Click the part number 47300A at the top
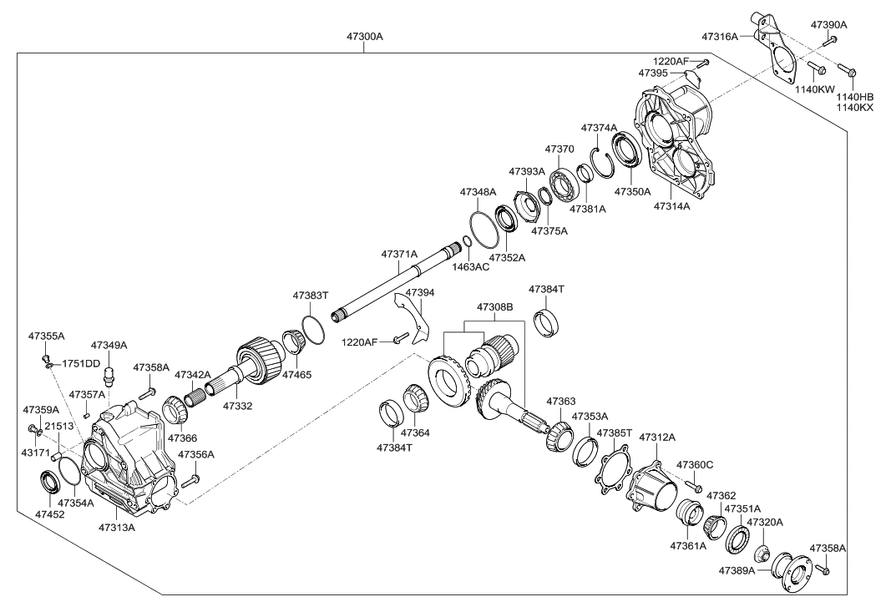[x=365, y=38]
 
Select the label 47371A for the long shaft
[x=399, y=253]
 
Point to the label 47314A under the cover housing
[x=671, y=205]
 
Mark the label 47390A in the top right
[x=828, y=25]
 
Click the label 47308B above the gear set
[x=495, y=307]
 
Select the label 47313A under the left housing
[x=117, y=527]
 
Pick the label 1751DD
[x=81, y=363]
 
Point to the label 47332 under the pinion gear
[x=236, y=405]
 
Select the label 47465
[x=296, y=375]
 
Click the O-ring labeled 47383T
[x=311, y=329]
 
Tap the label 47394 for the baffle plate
[x=420, y=293]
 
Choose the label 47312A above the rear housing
[x=657, y=437]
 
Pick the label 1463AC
[x=471, y=267]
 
